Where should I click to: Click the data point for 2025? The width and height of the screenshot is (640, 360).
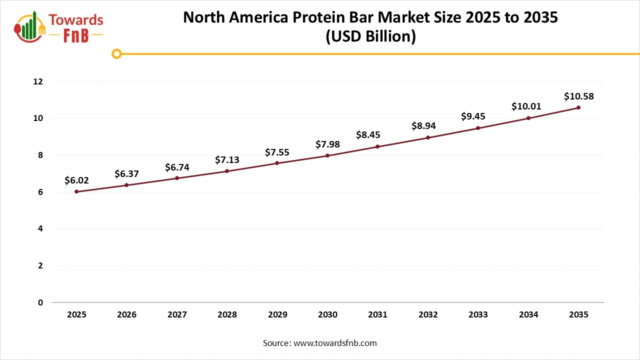coord(76,191)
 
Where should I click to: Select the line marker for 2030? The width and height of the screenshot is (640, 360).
coord(327,155)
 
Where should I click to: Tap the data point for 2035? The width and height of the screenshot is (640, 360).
coord(578,107)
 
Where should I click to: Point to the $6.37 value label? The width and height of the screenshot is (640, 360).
coord(126,174)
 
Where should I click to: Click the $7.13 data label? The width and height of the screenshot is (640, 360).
coord(227,160)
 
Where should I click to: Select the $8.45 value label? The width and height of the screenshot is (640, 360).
coord(368,135)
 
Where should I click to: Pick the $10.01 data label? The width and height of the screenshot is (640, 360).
coord(526,106)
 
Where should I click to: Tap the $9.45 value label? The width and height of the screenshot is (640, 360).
coord(473,117)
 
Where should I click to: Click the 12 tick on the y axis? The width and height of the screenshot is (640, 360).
coord(37,81)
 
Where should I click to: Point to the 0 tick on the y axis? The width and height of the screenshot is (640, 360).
coord(40,302)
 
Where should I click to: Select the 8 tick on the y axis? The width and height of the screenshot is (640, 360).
coord(40,155)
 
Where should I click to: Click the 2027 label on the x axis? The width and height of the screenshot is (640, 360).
coord(177,315)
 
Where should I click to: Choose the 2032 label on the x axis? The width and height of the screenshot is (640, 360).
coord(428,315)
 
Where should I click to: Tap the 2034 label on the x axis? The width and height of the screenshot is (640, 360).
coord(528,315)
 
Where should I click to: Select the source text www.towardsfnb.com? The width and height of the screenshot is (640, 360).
coord(335,343)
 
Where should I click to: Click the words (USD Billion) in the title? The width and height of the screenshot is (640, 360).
coord(370,36)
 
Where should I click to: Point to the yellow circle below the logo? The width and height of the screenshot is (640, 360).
coord(116,53)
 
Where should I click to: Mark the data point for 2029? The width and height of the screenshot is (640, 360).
coord(277,163)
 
